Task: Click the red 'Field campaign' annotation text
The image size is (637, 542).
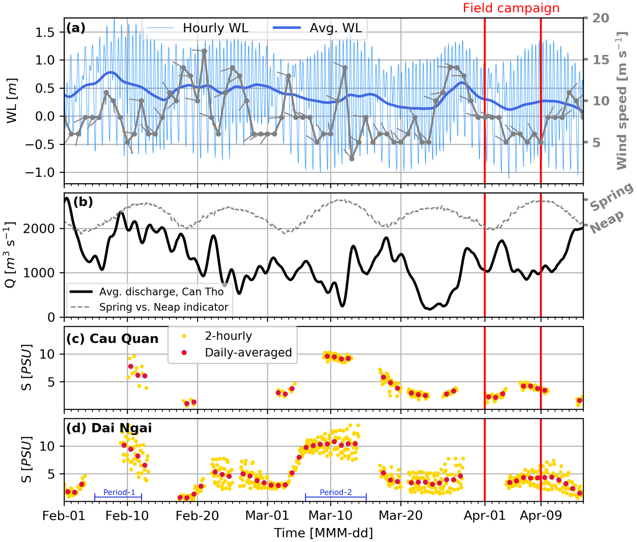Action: click(x=511, y=8)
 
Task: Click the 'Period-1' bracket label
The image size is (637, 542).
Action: click(x=119, y=492)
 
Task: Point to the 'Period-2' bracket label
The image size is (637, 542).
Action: click(x=336, y=492)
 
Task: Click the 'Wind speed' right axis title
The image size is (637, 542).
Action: click(x=622, y=101)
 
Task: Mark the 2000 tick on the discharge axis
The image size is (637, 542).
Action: click(x=39, y=229)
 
